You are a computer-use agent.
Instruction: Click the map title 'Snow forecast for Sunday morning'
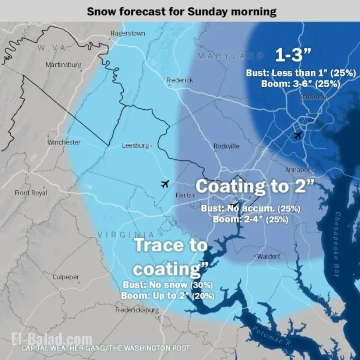181,11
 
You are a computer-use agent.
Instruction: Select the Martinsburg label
63,65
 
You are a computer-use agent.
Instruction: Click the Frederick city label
180,80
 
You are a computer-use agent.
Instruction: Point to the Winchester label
64,142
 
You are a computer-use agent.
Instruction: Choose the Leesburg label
135,146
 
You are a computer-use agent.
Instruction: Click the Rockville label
226,146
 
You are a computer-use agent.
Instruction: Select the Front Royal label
31,193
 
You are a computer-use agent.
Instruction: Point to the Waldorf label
268,257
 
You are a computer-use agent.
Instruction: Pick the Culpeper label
66,277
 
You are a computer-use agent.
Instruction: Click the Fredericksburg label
137,310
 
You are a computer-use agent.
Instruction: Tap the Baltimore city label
314,97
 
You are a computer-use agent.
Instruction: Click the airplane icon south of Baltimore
297,135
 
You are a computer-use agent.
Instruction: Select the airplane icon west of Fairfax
165,184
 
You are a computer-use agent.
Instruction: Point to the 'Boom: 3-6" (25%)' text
301,83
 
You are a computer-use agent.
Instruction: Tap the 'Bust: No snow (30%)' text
168,285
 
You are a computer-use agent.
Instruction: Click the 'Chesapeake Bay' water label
337,244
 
